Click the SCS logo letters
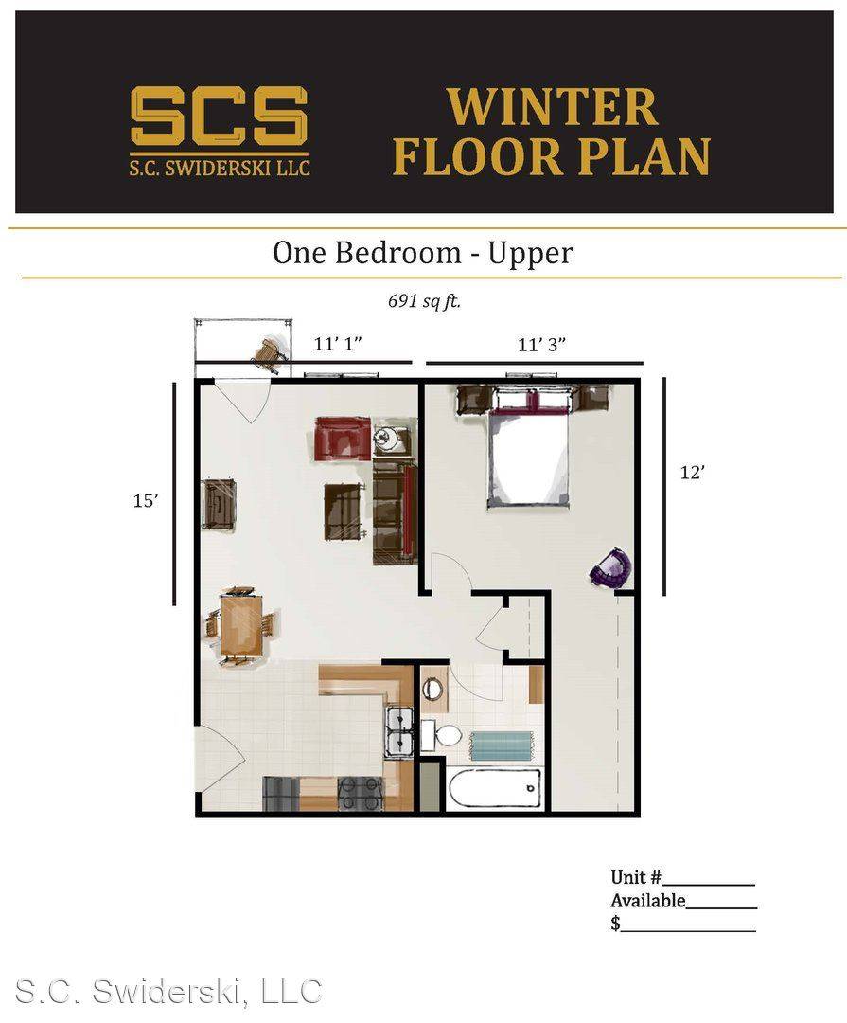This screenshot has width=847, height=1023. (219, 117)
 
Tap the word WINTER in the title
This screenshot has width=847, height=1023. (553, 107)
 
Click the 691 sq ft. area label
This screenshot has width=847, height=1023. (424, 301)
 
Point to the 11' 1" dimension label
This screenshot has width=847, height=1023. (338, 343)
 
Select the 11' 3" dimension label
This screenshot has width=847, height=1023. (541, 344)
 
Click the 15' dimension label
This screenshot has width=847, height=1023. (146, 500)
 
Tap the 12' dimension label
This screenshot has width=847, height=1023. (693, 472)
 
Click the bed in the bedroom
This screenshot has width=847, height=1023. (529, 456)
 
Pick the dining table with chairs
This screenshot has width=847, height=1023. (241, 626)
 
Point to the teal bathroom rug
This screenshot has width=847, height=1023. (503, 745)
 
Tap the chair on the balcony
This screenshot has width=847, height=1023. (270, 353)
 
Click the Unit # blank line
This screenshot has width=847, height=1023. (708, 884)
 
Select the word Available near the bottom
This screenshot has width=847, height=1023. (647, 901)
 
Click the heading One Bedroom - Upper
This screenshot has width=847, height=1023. (423, 253)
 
